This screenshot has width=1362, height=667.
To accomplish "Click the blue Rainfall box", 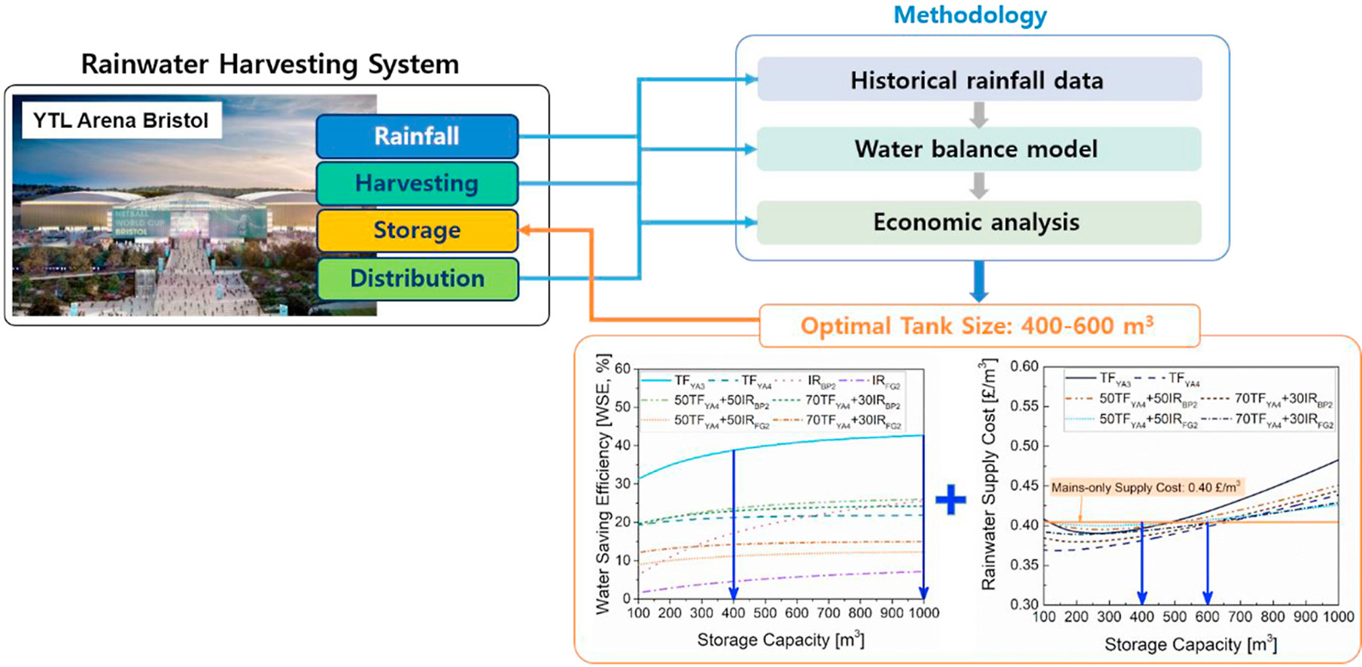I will (x=417, y=136).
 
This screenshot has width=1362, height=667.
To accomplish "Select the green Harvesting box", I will (x=417, y=184).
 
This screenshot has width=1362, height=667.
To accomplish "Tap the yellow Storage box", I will (x=417, y=230).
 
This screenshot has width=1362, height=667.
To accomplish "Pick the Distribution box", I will (x=417, y=279).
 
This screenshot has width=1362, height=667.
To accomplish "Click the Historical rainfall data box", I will (x=978, y=80).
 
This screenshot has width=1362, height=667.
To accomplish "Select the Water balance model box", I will (x=978, y=149).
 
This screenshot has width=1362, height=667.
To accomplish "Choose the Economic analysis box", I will (x=978, y=222).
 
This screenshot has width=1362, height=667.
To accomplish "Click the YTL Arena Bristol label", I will (x=121, y=120).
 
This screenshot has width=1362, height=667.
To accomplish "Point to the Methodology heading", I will (x=970, y=15).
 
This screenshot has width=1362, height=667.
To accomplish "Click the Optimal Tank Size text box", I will (x=978, y=326).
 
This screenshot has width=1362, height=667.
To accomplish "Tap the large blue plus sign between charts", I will (x=950, y=500).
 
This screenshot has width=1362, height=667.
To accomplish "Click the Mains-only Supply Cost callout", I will (x=1145, y=488).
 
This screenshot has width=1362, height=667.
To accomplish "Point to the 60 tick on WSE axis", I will (x=622, y=369).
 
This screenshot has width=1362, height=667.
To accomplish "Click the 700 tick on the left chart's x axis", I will (x=828, y=614).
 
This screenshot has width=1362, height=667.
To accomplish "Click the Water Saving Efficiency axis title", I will (x=602, y=485).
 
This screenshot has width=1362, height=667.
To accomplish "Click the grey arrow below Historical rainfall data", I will (x=978, y=114).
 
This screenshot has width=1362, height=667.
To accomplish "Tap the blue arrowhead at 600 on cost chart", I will (x=1208, y=598).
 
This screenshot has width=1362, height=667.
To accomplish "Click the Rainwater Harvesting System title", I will (x=269, y=65).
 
